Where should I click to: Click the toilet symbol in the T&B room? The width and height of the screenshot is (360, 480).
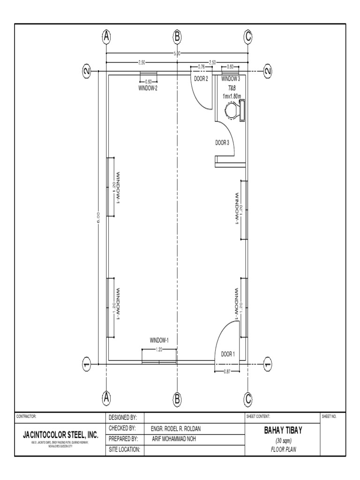click(x=233, y=111)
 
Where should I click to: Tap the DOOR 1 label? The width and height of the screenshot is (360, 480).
click(x=228, y=354)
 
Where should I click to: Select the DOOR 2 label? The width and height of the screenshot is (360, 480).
click(x=201, y=79)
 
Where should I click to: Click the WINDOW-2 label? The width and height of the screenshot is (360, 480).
click(x=148, y=88)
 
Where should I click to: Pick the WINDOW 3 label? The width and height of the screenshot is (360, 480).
click(x=231, y=79)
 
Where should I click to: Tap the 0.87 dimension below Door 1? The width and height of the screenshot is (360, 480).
click(x=227, y=371)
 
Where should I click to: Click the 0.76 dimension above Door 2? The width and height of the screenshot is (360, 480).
click(x=202, y=67)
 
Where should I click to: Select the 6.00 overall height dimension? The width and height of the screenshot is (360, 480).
click(x=98, y=216)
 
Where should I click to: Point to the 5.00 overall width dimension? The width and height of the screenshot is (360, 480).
click(x=177, y=54)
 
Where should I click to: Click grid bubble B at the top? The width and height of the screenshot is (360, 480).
click(x=177, y=37)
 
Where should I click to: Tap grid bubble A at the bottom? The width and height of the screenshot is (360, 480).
click(x=107, y=398)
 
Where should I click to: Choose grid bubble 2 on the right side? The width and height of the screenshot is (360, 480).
click(x=267, y=71)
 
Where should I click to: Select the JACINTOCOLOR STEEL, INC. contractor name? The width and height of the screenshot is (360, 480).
click(x=61, y=435)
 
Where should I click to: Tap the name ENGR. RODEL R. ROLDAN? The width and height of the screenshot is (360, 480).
click(x=178, y=428)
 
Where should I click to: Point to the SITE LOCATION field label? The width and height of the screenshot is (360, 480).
click(x=124, y=450)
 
